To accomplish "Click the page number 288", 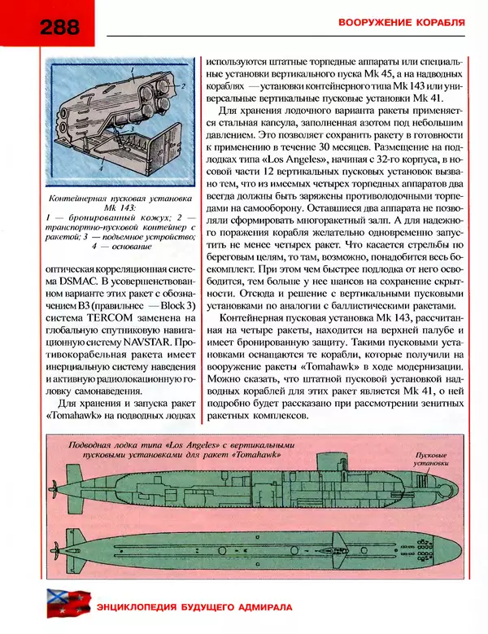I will point(56,27).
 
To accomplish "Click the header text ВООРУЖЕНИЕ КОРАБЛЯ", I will point(402,22).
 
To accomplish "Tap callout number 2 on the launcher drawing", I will point(184,85).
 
